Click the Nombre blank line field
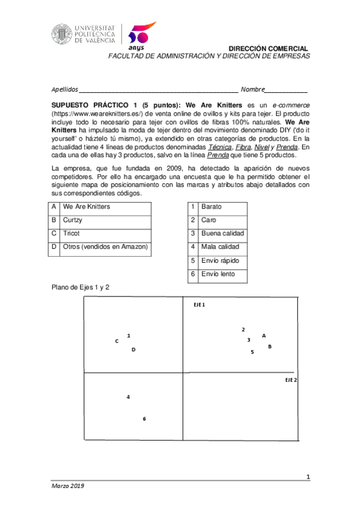[286, 89]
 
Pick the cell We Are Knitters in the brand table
[105, 207]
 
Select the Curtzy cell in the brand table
[105, 221]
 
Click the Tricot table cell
[105, 234]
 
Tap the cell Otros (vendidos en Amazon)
[105, 247]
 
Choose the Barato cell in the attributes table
[223, 207]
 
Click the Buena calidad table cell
[223, 234]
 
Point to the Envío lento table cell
[223, 275]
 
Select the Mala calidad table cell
[223, 247]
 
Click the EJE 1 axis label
[199, 306]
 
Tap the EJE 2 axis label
[290, 381]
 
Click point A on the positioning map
[264, 336]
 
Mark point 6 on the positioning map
[145, 419]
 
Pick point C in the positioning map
[117, 341]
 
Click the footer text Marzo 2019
[67, 486]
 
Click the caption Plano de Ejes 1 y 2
[80, 287]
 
